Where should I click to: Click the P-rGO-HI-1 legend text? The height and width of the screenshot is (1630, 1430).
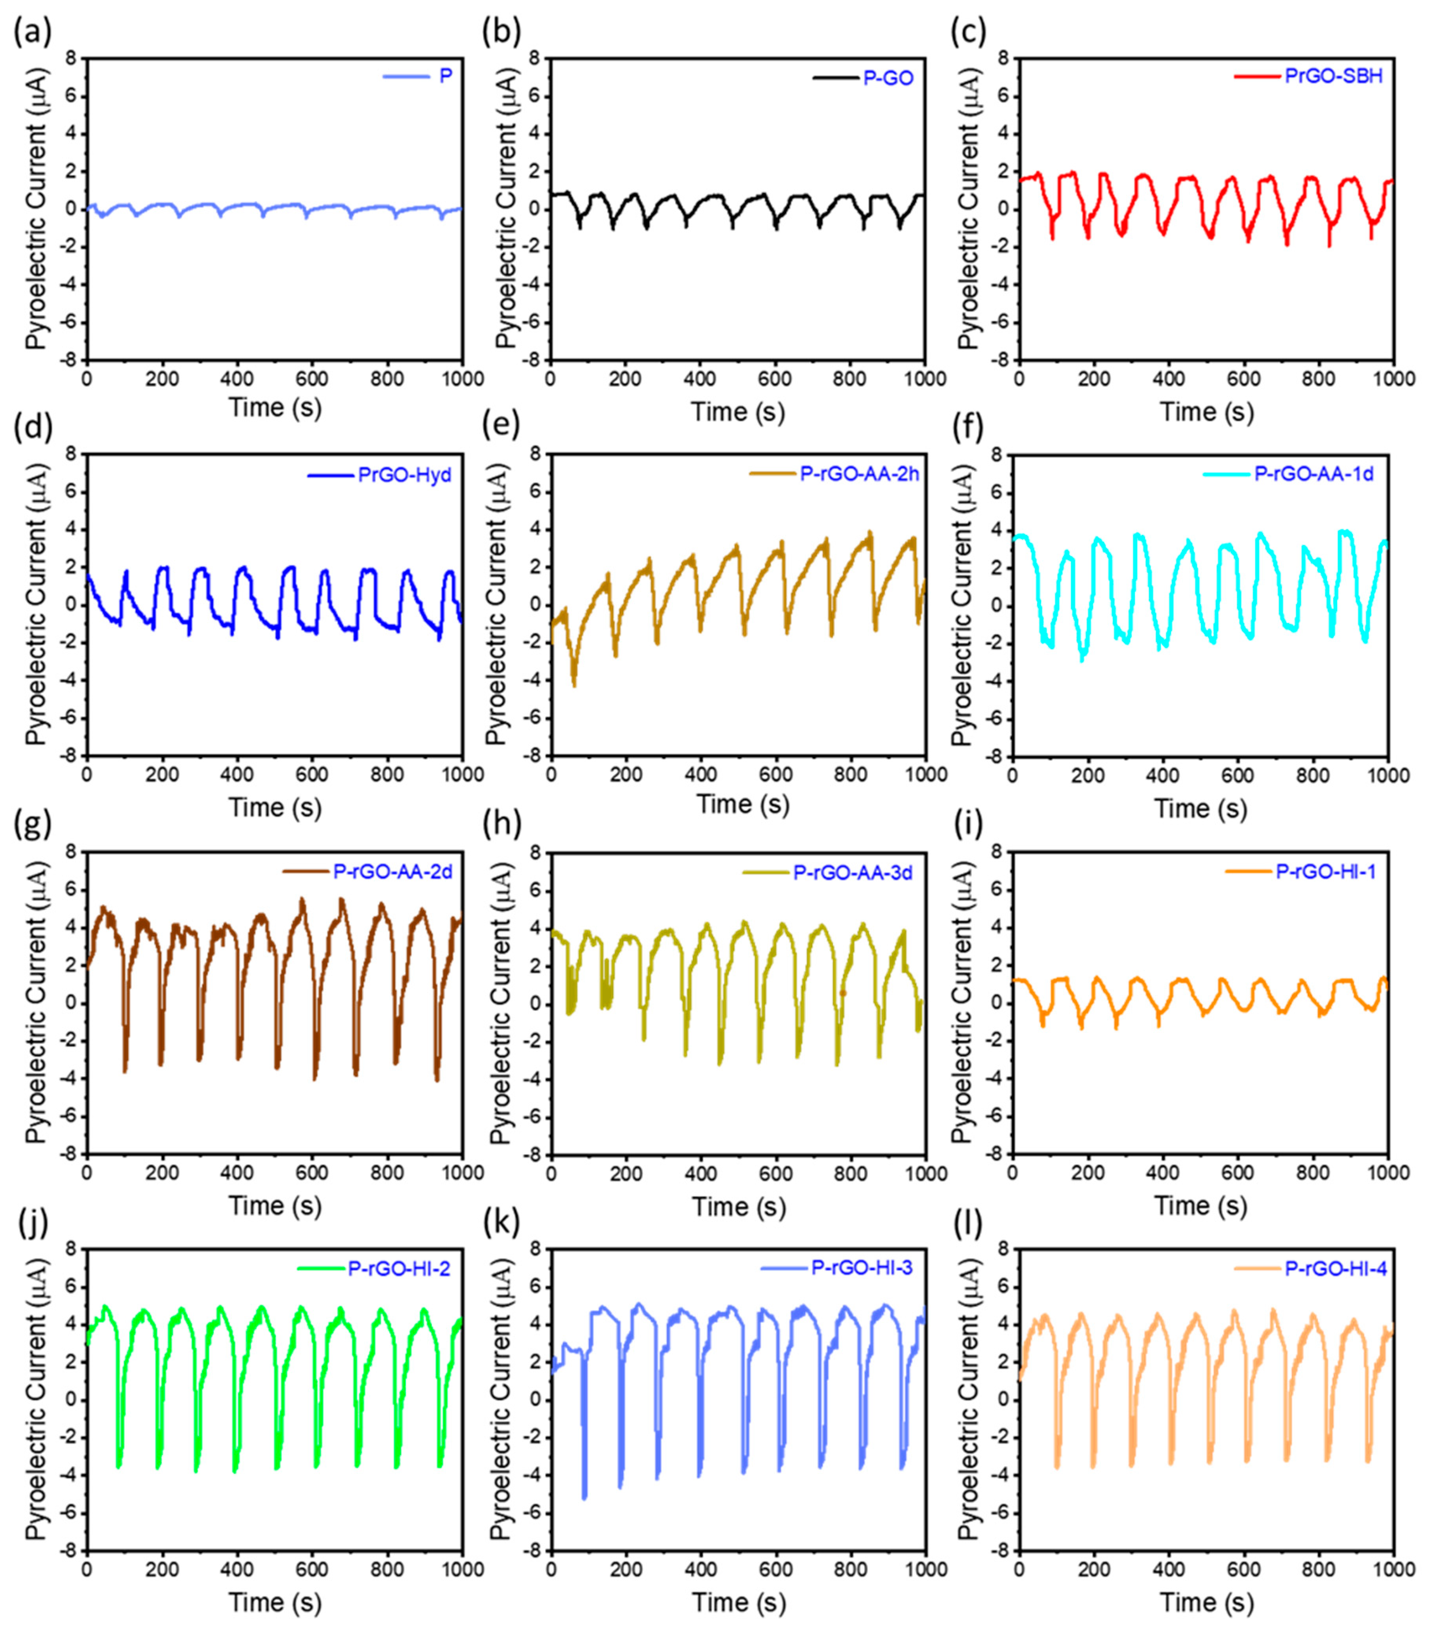point(1326,871)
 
